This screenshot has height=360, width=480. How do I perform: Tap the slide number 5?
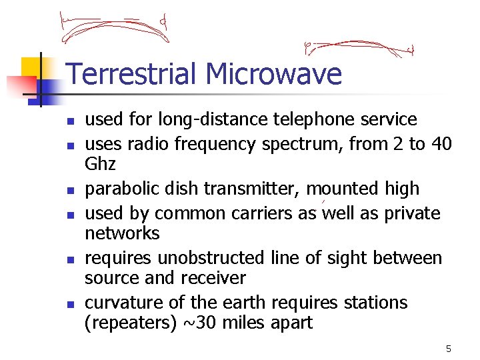tap(449, 349)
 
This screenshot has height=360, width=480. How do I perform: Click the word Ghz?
tap(100, 164)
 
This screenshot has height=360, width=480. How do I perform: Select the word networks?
tap(122, 233)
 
